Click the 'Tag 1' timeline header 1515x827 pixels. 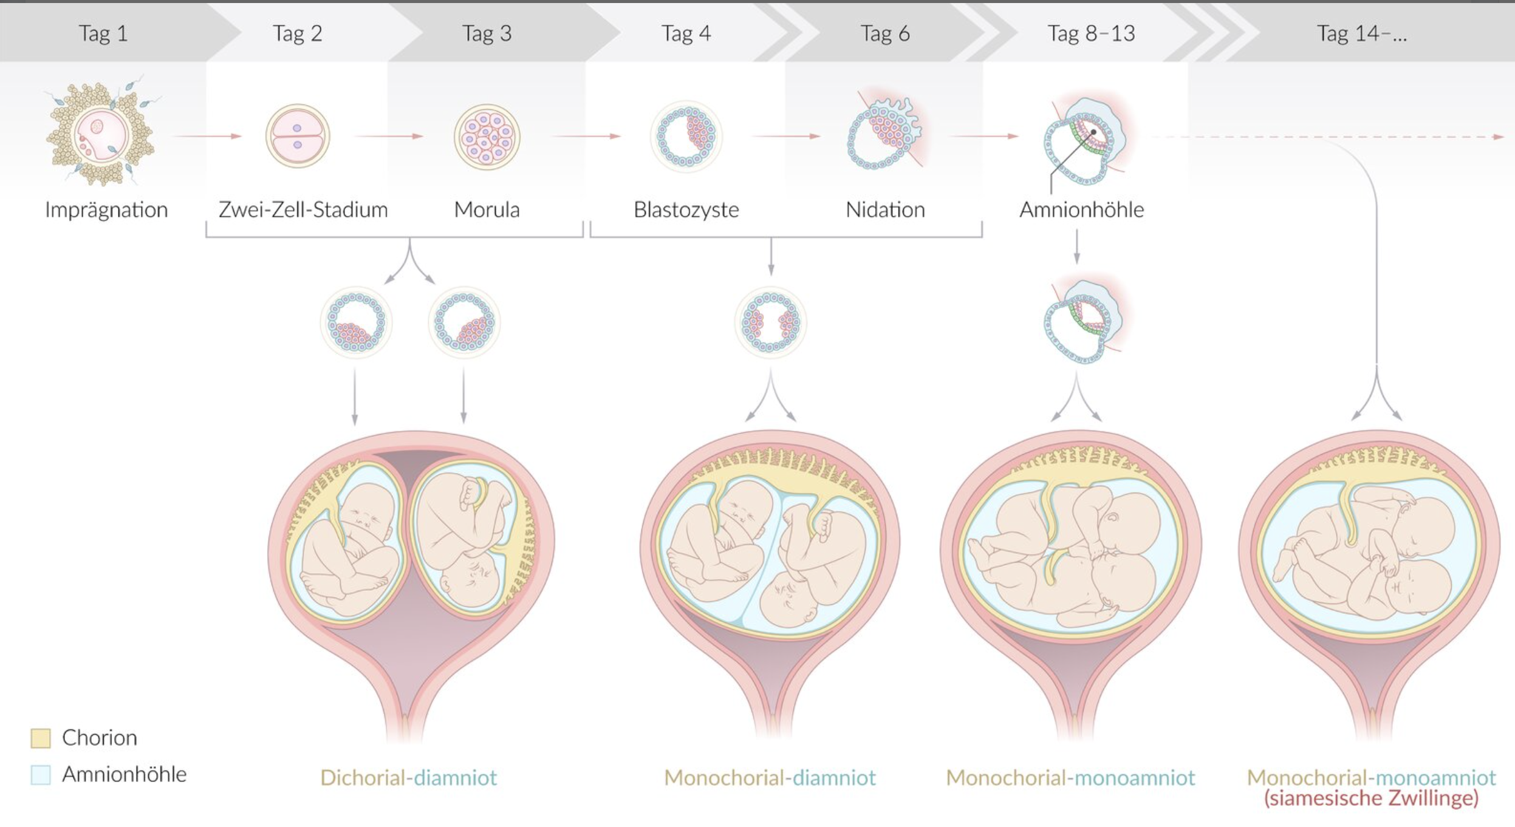pyautogui.click(x=103, y=33)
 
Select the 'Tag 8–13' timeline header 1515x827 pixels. pyautogui.click(x=1091, y=33)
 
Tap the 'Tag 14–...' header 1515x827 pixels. pyautogui.click(x=1361, y=33)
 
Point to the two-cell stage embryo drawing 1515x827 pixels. pyautogui.click(x=297, y=136)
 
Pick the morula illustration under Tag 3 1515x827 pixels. pyautogui.click(x=487, y=137)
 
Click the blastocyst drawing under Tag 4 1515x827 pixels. pyautogui.click(x=686, y=137)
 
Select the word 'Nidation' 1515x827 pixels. pyautogui.click(x=885, y=209)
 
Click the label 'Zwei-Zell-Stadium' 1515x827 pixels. pyautogui.click(x=303, y=209)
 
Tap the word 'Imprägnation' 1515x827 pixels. pyautogui.click(x=106, y=209)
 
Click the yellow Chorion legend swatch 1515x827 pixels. pyautogui.click(x=41, y=738)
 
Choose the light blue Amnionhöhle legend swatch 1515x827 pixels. pyautogui.click(x=41, y=774)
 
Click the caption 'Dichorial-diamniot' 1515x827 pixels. pyautogui.click(x=408, y=777)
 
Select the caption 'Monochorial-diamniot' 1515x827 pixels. pyautogui.click(x=770, y=777)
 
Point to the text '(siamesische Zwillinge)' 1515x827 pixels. pyautogui.click(x=1371, y=798)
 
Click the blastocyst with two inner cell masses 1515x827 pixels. pyautogui.click(x=770, y=322)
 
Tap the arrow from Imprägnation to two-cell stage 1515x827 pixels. pyautogui.click(x=207, y=136)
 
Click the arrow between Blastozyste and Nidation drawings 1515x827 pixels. pyautogui.click(x=785, y=136)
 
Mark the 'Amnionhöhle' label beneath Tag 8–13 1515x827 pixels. pyautogui.click(x=1081, y=209)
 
